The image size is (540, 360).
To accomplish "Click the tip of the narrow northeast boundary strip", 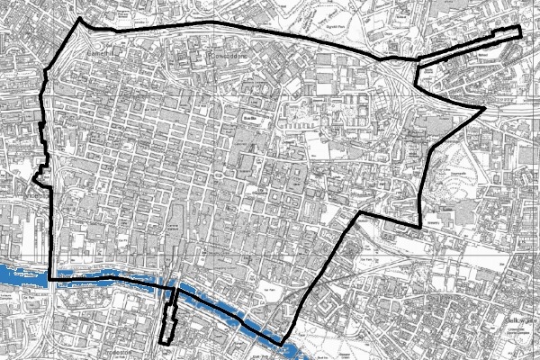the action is click(x=519, y=32).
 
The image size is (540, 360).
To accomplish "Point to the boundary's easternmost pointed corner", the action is click(x=485, y=110).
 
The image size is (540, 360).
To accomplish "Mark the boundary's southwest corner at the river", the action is click(x=50, y=279).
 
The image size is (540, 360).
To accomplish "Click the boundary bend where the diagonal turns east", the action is click(x=359, y=213).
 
